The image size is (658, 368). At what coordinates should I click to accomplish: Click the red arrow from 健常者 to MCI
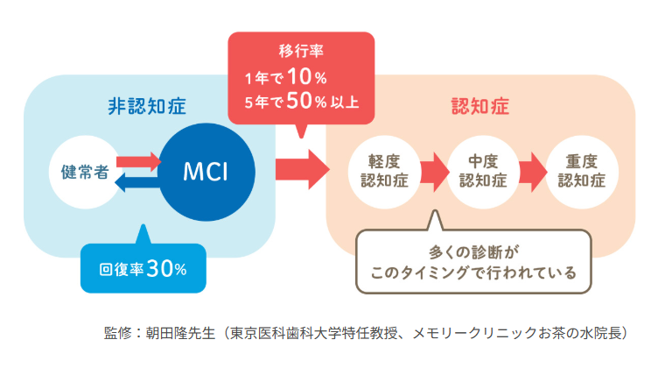click(138, 160)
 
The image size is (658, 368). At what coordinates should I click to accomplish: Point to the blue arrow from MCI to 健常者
click(138, 180)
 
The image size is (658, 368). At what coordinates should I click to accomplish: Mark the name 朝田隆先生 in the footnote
click(181, 333)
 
